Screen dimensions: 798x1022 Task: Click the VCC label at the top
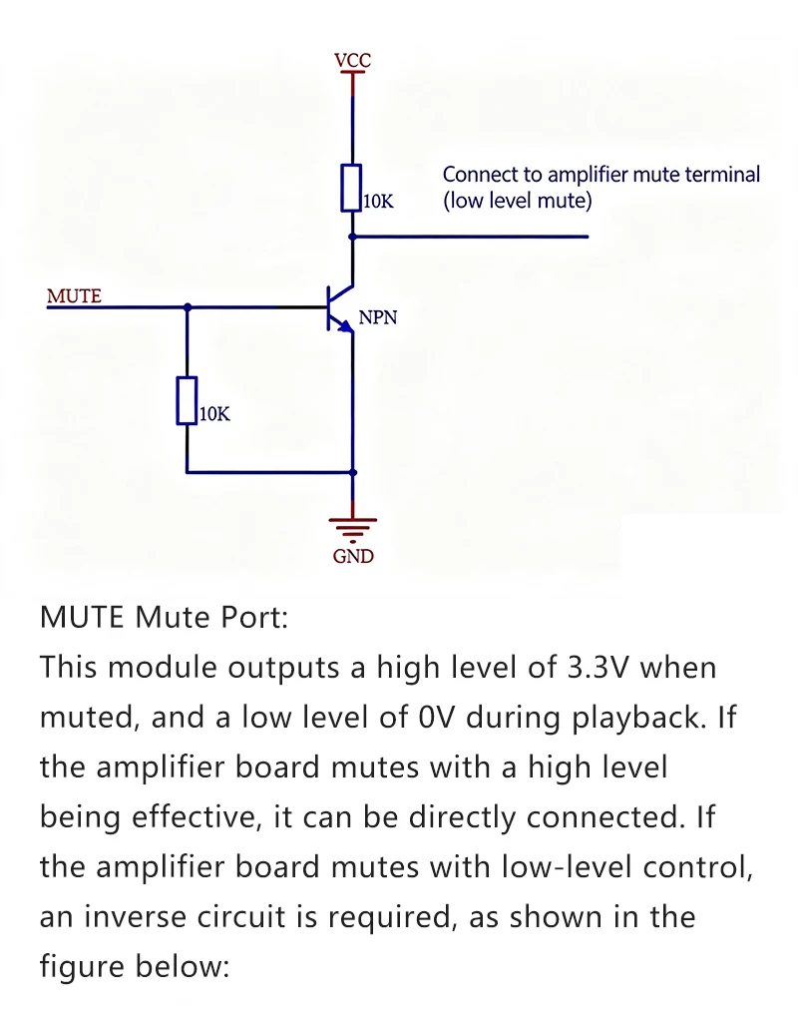click(x=352, y=60)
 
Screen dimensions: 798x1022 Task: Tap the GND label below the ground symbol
click(x=353, y=556)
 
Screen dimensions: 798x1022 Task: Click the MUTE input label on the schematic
click(x=74, y=295)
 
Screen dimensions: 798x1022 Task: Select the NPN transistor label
click(x=378, y=317)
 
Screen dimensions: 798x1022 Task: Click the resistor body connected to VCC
click(x=352, y=188)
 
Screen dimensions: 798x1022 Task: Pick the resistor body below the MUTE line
click(x=187, y=400)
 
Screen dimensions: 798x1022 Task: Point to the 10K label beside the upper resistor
click(x=378, y=202)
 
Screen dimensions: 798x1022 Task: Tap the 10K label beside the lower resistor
click(x=215, y=414)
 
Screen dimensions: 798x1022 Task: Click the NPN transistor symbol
click(x=340, y=307)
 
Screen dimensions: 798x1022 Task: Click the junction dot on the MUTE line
click(x=188, y=306)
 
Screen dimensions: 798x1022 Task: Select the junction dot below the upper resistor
click(x=352, y=237)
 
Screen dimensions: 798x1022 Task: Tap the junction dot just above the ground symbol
click(x=353, y=472)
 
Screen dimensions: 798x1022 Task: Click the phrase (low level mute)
click(x=518, y=200)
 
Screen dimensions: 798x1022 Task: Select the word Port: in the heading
click(x=254, y=617)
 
